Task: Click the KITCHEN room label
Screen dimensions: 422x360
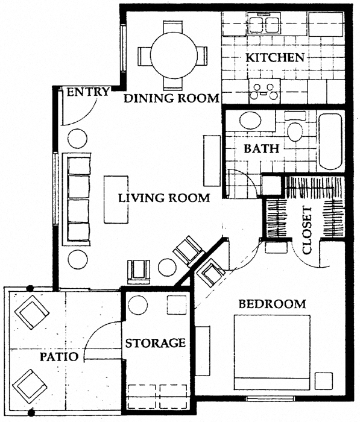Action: [x=274, y=58]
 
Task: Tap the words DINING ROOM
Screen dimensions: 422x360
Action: [x=171, y=98]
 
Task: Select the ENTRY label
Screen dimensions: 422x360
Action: [x=88, y=92]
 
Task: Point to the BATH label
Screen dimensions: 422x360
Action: [x=261, y=149]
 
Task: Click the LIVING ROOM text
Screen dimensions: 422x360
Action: [x=164, y=197]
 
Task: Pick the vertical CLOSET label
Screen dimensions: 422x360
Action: [x=308, y=230]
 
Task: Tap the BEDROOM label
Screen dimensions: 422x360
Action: [x=272, y=303]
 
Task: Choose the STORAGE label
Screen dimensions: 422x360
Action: [x=155, y=343]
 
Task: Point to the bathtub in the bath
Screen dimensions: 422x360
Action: [x=330, y=140]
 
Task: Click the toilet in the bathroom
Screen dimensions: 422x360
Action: [x=295, y=130]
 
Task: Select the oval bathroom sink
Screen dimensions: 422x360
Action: [x=249, y=119]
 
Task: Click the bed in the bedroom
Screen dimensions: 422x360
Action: [x=272, y=352]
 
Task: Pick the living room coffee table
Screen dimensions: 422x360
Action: [x=116, y=199]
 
